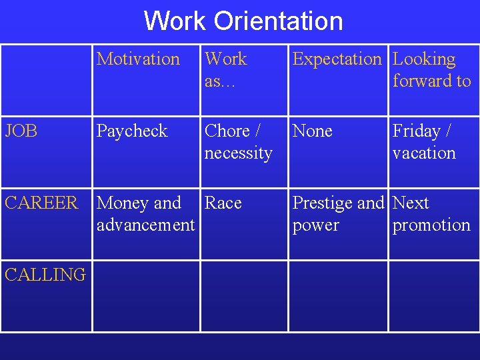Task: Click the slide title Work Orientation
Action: pos(243,21)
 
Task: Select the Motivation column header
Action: pos(138,59)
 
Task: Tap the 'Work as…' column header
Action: pos(226,70)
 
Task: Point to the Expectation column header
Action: pos(337,59)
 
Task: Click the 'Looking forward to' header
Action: pos(431,70)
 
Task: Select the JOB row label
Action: pos(21,131)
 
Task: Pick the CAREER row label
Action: pos(41,203)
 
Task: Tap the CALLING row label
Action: pos(45,274)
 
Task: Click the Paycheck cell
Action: pos(132,131)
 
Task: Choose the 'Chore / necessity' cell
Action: pos(238,142)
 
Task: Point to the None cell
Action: pos(313,131)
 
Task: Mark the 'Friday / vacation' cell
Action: pos(424,142)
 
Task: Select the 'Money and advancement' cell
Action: pos(145,214)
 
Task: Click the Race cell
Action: pos(223,203)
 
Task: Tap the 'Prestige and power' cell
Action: pos(338,214)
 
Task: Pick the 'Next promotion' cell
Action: pos(431,214)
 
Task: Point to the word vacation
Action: pos(424,153)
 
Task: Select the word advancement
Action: pos(145,225)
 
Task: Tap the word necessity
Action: pos(238,153)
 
